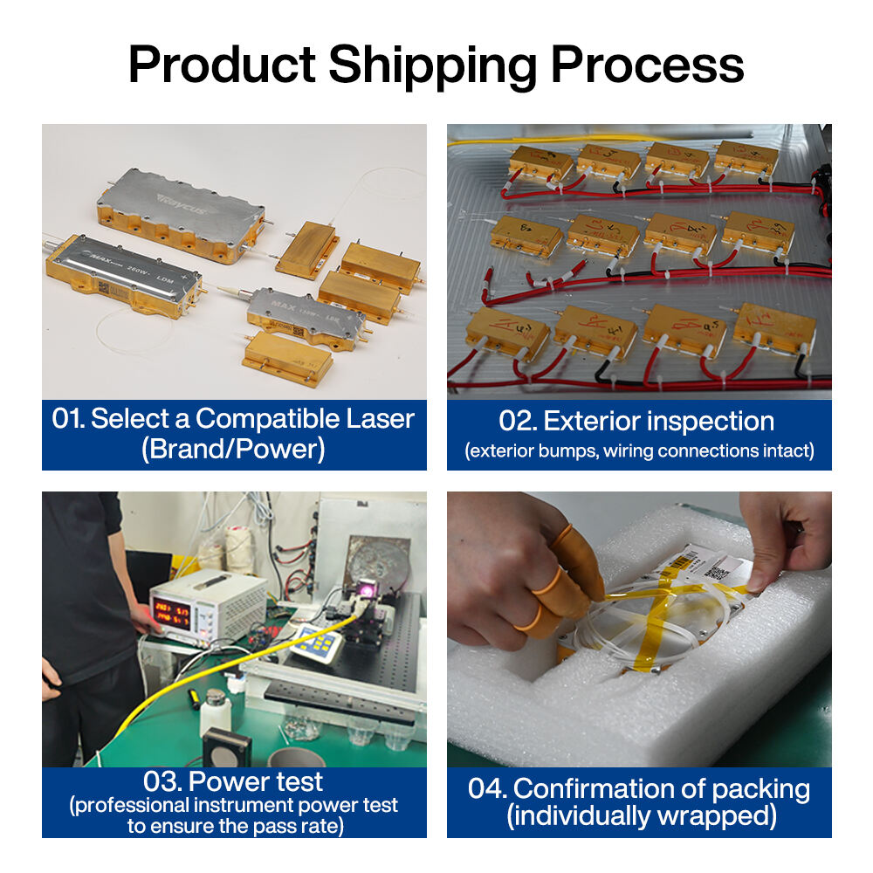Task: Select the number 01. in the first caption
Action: (68, 419)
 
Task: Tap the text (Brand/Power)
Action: (234, 449)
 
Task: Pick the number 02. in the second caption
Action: (517, 422)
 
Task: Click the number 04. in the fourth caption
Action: (487, 789)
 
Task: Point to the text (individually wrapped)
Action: (639, 817)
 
